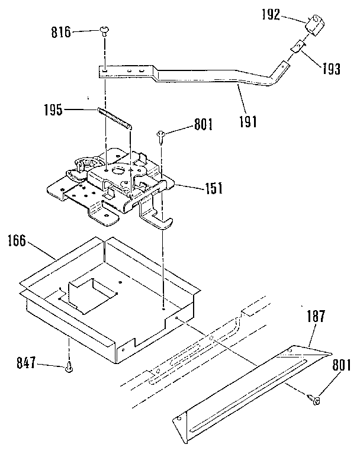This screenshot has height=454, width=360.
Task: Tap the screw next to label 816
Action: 105,29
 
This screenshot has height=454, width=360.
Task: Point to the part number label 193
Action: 330,69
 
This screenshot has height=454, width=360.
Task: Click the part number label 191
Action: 248,122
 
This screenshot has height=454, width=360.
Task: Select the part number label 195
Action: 53,110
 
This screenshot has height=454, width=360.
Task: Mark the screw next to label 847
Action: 69,368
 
